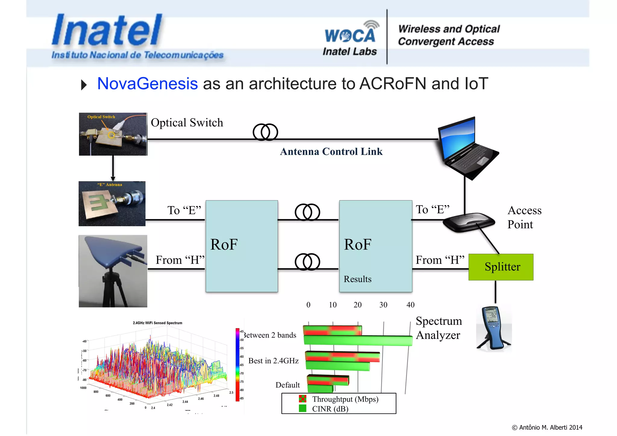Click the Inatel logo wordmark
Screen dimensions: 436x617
[107, 30]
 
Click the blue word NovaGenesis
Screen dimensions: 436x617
[147, 83]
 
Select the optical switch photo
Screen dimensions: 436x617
[113, 134]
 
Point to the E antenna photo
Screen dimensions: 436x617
[112, 204]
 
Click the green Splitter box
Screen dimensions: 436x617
[501, 267]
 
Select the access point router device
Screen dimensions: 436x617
[469, 222]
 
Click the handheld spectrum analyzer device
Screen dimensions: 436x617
[493, 328]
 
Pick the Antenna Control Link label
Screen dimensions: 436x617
[331, 151]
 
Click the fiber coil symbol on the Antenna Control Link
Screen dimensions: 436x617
[265, 132]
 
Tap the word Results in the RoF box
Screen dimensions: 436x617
[357, 279]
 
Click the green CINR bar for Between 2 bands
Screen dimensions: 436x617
[358, 340]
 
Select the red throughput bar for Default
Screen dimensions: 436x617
[328, 380]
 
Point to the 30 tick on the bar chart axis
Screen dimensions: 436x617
[383, 305]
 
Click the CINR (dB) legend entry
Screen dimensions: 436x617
[330, 409]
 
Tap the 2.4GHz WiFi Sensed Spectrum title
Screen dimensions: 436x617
[157, 323]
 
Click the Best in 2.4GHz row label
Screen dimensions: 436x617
[273, 361]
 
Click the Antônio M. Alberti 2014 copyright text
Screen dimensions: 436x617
[547, 427]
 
